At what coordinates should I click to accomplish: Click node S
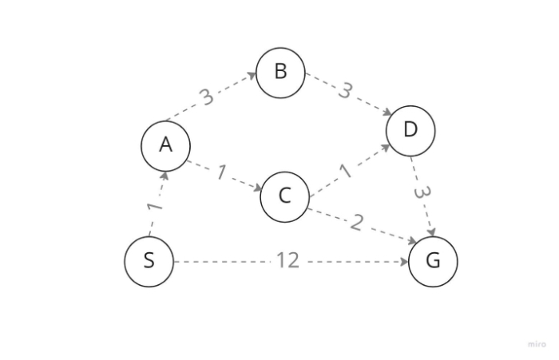tap(149, 261)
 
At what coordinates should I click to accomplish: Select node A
tap(165, 144)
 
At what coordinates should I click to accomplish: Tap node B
tap(280, 72)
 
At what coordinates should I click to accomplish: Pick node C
tap(284, 196)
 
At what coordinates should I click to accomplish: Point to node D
tap(410, 129)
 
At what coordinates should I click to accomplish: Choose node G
tap(433, 261)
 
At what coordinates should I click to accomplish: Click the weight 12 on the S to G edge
tap(287, 260)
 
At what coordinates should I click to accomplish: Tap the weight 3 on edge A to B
tap(207, 97)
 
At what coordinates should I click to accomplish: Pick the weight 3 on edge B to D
tap(345, 91)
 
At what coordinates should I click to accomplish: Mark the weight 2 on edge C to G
tap(356, 223)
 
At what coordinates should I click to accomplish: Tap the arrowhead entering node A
tap(164, 175)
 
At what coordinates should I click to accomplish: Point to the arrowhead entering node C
tap(257, 189)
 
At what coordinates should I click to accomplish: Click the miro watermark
tap(537, 344)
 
